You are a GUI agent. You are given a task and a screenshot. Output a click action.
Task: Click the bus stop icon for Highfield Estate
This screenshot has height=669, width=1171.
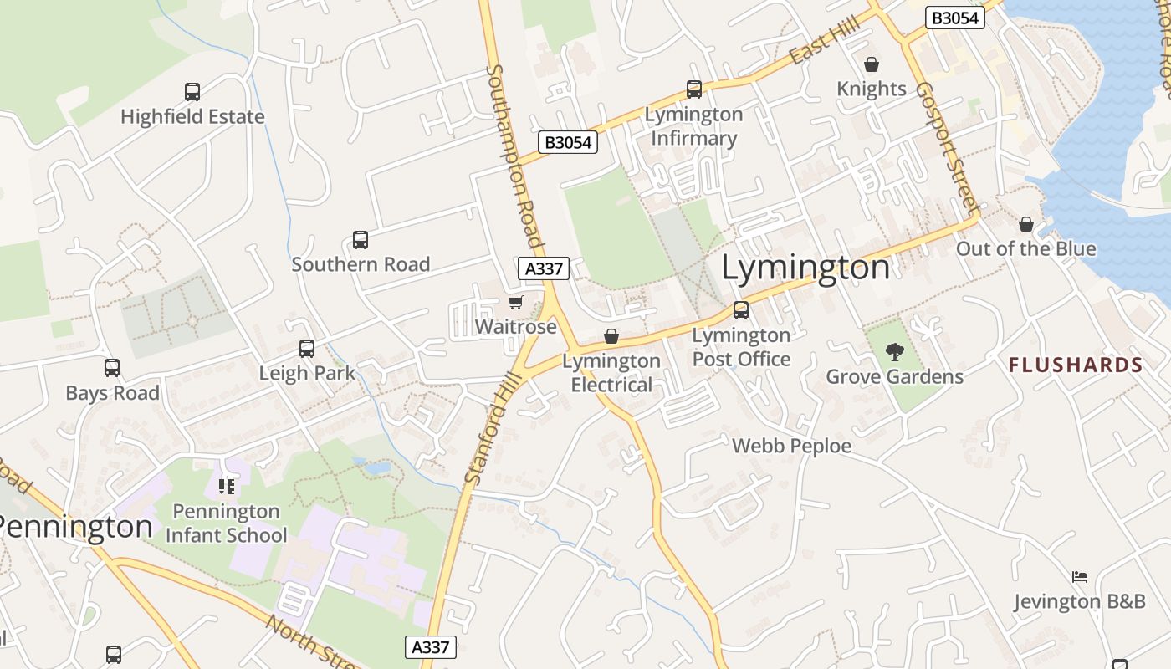click(x=192, y=92)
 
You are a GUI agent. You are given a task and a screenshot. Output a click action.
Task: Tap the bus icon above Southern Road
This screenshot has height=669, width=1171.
click(x=361, y=240)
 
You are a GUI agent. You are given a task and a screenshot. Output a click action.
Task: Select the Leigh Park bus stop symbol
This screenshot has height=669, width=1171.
click(x=307, y=349)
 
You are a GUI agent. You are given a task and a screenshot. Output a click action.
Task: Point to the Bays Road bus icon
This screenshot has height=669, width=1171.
click(x=112, y=368)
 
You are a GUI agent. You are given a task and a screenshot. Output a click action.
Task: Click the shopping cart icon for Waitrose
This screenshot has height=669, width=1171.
click(x=515, y=302)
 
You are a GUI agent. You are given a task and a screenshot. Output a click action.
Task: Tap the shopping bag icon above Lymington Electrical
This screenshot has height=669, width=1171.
click(x=611, y=336)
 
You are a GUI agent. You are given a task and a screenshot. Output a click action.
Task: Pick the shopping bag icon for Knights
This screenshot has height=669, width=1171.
click(x=872, y=64)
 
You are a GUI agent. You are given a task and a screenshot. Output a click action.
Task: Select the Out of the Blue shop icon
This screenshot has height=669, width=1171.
click(x=1026, y=224)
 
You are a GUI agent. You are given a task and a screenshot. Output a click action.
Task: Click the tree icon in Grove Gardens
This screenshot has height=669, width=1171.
click(x=894, y=352)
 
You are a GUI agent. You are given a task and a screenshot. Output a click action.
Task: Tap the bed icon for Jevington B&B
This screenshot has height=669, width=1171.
click(x=1080, y=577)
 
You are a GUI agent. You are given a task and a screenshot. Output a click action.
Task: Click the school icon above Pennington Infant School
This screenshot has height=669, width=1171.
click(x=226, y=486)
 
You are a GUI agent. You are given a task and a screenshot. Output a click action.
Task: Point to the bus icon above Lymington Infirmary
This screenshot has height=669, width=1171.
click(x=693, y=89)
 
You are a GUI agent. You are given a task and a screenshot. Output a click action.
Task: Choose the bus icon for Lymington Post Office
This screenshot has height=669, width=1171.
click(x=741, y=310)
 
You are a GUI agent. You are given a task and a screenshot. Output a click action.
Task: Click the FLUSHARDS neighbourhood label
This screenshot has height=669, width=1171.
click(x=1076, y=365)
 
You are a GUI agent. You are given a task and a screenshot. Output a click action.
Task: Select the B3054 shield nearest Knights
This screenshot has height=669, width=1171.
click(x=954, y=18)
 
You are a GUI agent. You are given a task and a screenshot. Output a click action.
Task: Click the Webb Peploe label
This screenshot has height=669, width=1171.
click(x=791, y=447)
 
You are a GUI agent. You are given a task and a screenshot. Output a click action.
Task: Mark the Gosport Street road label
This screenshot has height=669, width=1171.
click(x=947, y=147)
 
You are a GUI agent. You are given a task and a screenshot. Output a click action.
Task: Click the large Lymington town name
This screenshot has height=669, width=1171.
click(x=805, y=268)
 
